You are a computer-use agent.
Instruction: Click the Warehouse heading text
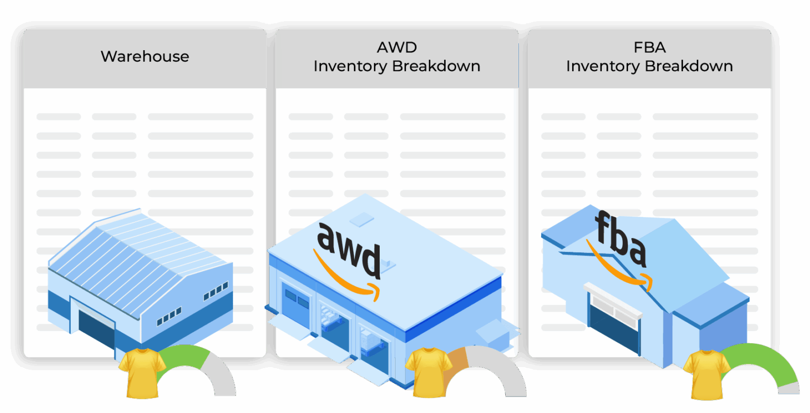click(144, 57)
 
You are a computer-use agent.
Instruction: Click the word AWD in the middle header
click(397, 48)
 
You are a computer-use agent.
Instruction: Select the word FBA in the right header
click(649, 48)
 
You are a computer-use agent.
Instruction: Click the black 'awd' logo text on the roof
click(349, 248)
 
